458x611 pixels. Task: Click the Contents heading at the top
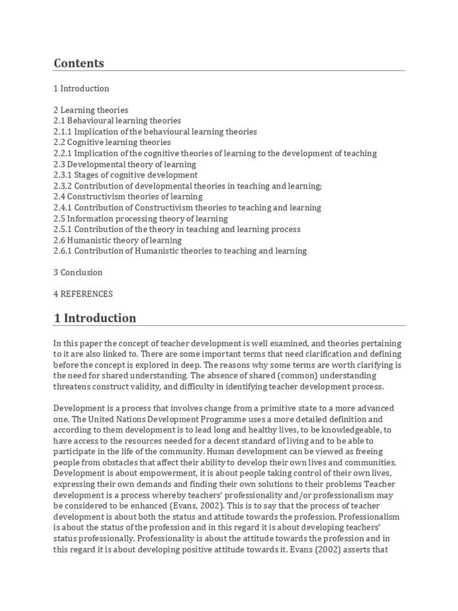click(x=79, y=63)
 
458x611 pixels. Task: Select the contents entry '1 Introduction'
click(x=81, y=88)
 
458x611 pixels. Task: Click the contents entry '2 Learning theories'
click(x=91, y=110)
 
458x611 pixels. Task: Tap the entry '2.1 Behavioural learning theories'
click(x=117, y=121)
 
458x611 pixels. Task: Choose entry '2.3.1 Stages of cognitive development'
click(x=125, y=175)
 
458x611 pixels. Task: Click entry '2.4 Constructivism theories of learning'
click(x=128, y=196)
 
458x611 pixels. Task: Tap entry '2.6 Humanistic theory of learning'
click(x=117, y=240)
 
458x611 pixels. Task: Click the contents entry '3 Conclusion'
click(x=78, y=272)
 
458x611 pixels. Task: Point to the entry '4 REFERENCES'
click(x=83, y=294)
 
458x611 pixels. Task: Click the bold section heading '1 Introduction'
click(x=95, y=318)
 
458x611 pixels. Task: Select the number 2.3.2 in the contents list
click(x=63, y=186)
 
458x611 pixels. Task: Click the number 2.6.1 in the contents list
click(x=63, y=251)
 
